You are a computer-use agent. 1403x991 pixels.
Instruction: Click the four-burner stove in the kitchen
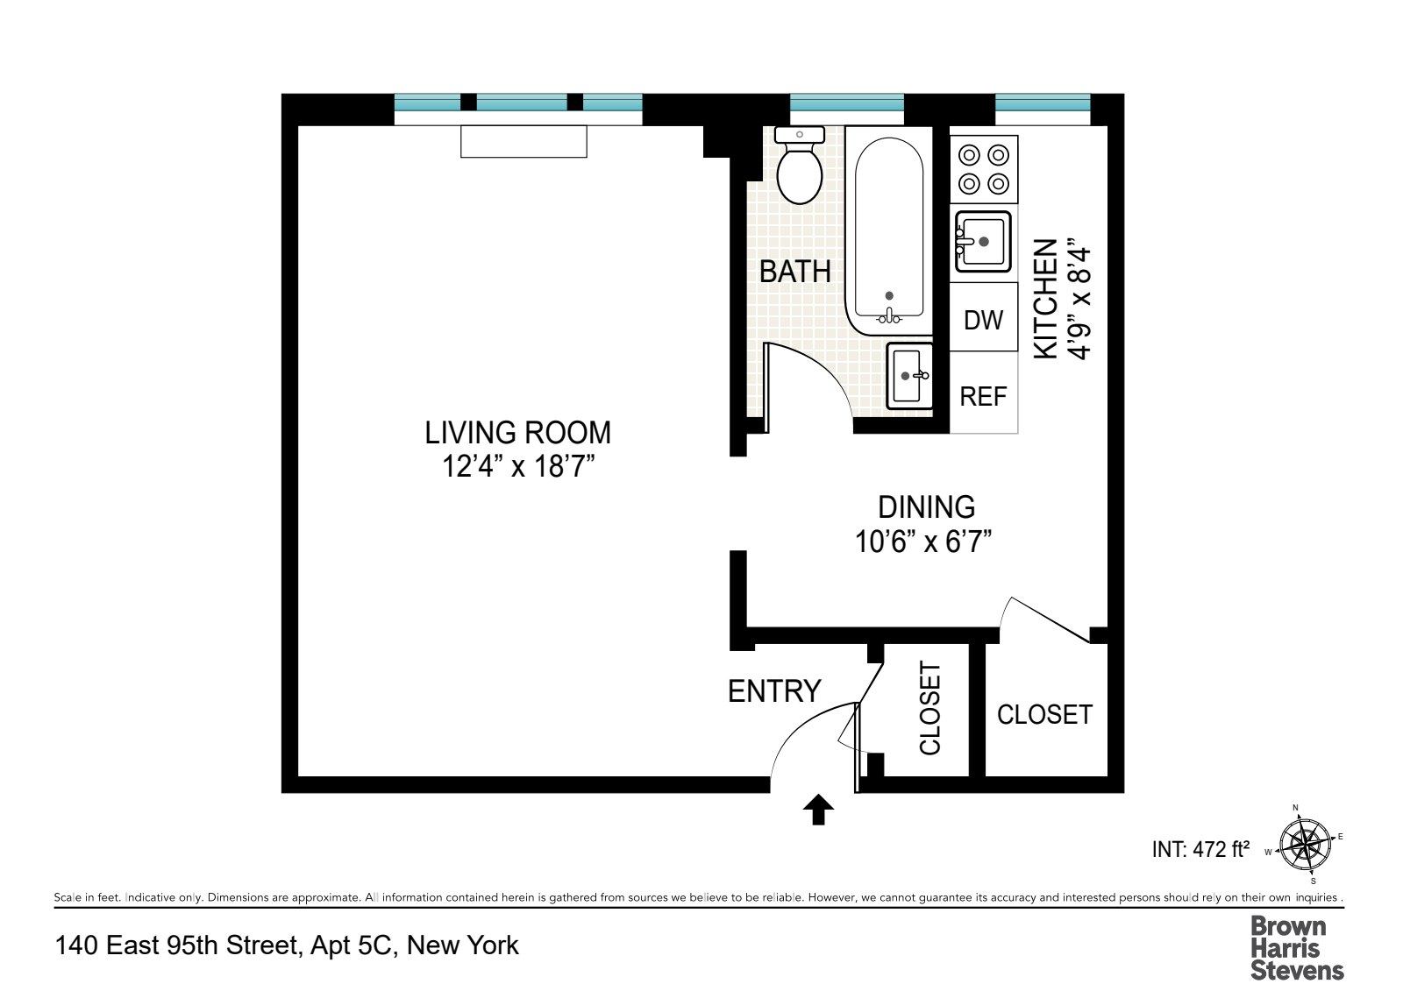tap(984, 169)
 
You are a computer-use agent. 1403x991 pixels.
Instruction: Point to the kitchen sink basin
tap(983, 241)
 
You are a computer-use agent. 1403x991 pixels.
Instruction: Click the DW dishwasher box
tap(983, 319)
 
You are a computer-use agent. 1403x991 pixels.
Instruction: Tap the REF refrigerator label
tap(983, 397)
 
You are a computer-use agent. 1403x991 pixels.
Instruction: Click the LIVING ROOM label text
tap(517, 433)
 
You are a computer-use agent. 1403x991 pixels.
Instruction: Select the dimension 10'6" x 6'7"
tap(922, 542)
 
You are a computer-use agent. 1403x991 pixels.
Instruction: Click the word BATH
tap(794, 272)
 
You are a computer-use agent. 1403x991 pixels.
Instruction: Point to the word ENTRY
tap(773, 691)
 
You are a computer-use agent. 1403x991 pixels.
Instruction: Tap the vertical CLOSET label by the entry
tap(929, 708)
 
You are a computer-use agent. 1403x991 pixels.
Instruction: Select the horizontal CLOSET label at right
tap(1044, 714)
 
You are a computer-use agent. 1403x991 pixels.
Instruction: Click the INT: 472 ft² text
tap(1200, 849)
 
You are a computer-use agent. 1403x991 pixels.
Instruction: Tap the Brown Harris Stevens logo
tap(1296, 947)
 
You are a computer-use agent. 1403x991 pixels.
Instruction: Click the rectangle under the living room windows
tap(523, 141)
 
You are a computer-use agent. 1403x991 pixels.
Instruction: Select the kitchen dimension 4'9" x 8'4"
tap(1079, 302)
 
